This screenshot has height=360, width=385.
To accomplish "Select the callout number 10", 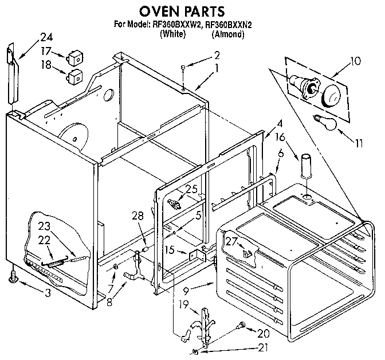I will tap(355, 60).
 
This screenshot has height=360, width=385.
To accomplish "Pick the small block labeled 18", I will tap(74, 75).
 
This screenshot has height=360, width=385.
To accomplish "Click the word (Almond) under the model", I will tap(228, 34).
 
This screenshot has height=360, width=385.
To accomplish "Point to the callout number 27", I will tap(231, 242).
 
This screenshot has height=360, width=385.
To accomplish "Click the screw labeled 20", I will tap(242, 324).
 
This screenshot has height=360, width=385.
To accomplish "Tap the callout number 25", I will tap(191, 189).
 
